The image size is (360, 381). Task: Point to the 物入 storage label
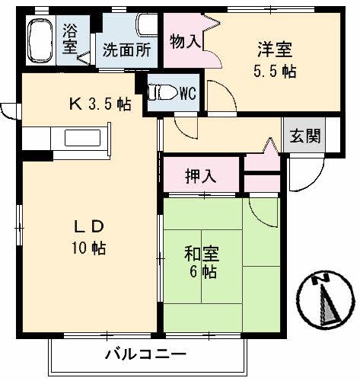click(x=185, y=41)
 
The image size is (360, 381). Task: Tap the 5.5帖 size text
click(x=274, y=73)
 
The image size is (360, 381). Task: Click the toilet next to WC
click(x=161, y=93)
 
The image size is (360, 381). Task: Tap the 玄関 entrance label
click(x=303, y=136)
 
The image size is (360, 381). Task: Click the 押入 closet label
click(x=201, y=176)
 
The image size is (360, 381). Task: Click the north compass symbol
click(x=325, y=303)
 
